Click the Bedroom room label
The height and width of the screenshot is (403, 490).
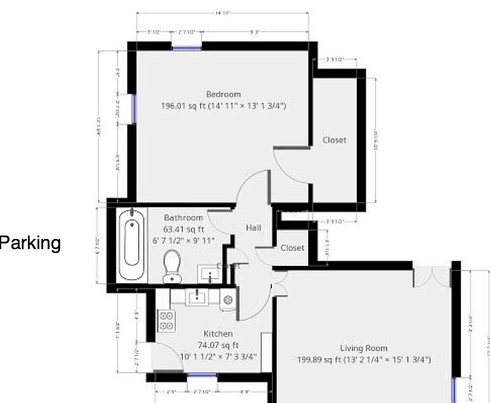tap(223, 94)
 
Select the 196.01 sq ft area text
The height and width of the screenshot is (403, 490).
tap(223, 105)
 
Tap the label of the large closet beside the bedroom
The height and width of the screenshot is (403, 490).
tap(334, 140)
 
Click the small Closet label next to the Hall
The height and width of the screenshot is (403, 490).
tap(293, 247)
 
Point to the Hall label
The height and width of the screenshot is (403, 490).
tap(253, 228)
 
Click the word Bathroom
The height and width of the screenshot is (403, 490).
tap(183, 218)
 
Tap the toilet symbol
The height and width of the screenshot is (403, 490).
tap(172, 265)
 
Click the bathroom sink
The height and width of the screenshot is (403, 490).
tap(211, 275)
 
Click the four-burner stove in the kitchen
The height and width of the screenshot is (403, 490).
tap(167, 320)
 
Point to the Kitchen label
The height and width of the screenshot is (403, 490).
tap(218, 334)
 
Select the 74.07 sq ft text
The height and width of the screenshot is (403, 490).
tap(218, 345)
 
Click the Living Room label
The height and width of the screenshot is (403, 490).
tap(364, 348)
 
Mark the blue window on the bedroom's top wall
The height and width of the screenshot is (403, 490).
tap(187, 47)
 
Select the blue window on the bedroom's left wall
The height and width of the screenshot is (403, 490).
tap(133, 109)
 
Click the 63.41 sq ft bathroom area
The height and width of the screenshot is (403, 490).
tap(183, 229)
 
